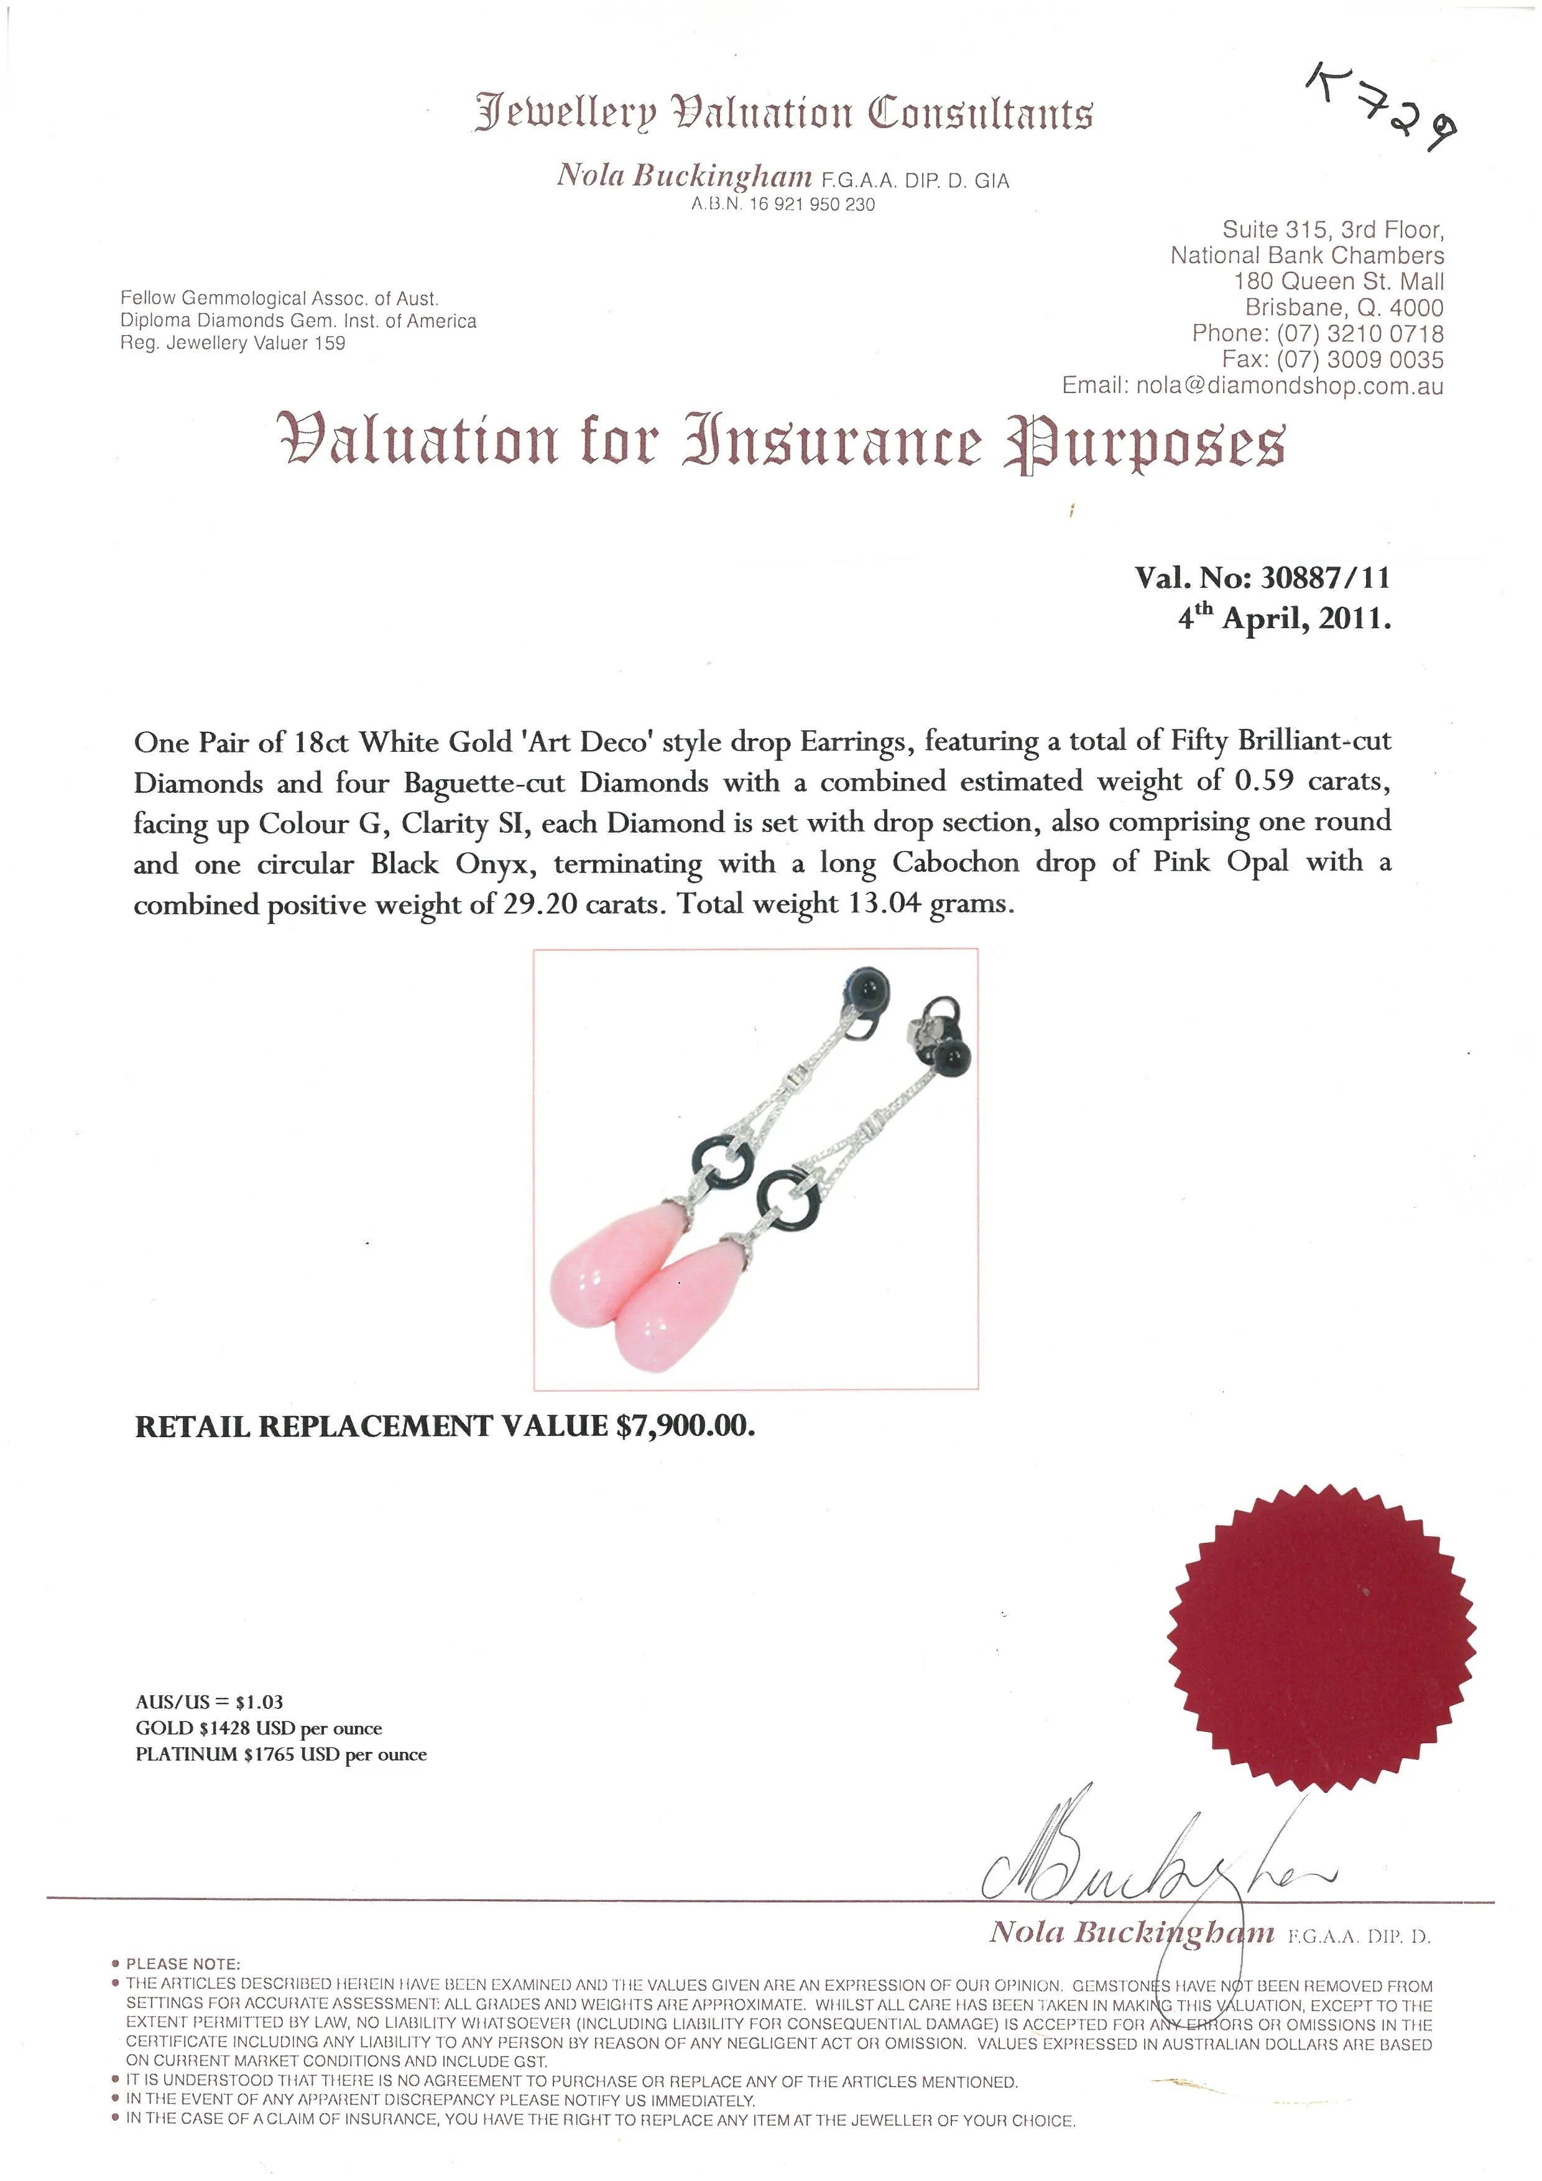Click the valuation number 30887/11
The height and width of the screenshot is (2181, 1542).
pyautogui.click(x=1324, y=578)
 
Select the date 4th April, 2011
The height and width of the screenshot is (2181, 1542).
pyautogui.click(x=1284, y=619)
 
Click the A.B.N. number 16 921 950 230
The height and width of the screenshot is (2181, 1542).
pyautogui.click(x=811, y=204)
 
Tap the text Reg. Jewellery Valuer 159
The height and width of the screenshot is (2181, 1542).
pyautogui.click(x=233, y=343)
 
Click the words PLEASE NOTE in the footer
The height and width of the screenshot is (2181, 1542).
pyautogui.click(x=183, y=1963)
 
